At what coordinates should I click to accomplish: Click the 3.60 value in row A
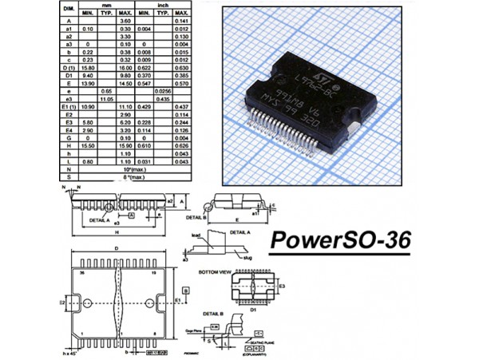coord(125,22)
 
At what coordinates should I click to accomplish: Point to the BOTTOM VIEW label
coord(216,273)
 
